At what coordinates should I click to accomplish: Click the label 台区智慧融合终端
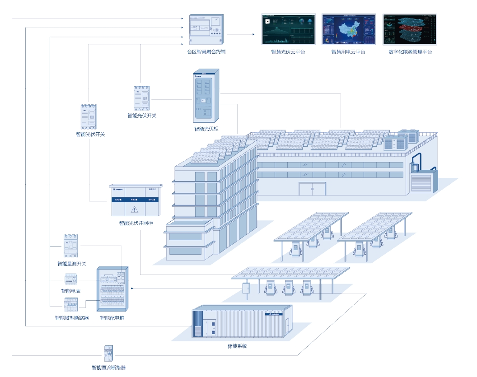tap(206, 52)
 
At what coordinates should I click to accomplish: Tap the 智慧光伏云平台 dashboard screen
tap(288, 29)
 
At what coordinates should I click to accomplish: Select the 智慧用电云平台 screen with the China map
tap(348, 29)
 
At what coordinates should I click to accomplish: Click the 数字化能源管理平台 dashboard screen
tap(410, 29)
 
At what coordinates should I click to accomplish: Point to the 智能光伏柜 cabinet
tap(206, 96)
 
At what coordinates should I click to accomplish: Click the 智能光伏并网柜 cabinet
tap(135, 200)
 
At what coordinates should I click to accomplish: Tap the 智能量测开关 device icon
tap(71, 247)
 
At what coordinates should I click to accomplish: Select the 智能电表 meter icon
tap(71, 279)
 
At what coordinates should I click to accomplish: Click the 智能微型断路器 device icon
tap(71, 305)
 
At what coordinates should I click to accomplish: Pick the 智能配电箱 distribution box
tap(112, 289)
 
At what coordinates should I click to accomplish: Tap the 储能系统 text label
tap(237, 346)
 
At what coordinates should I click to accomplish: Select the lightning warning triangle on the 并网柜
tap(134, 209)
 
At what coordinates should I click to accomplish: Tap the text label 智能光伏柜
tap(206, 129)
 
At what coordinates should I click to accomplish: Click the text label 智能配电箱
tap(112, 318)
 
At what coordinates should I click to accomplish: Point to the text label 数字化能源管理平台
tap(410, 52)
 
